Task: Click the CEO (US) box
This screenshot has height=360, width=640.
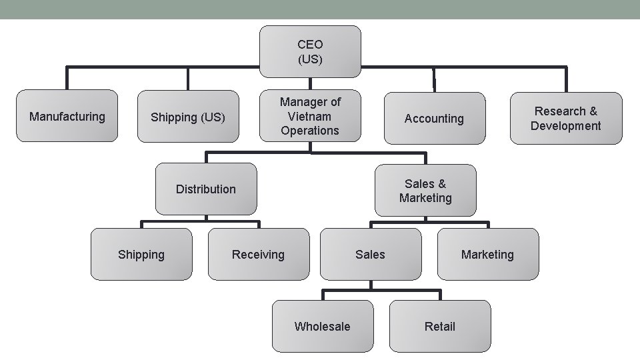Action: click(x=310, y=51)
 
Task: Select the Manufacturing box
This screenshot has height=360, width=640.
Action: click(x=67, y=117)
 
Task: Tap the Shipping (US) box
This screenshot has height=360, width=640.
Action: click(x=187, y=117)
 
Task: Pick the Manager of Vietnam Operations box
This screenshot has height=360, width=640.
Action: click(x=310, y=116)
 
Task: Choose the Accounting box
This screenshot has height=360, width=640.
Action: click(x=434, y=119)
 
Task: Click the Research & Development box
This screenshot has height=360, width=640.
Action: click(x=566, y=119)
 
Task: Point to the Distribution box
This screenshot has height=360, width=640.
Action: click(x=206, y=189)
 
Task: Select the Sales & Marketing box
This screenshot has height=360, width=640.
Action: click(x=425, y=191)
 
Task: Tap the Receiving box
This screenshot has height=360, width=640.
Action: click(x=258, y=255)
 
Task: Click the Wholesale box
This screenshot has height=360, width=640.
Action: click(x=322, y=326)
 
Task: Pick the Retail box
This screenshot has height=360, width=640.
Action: click(x=440, y=326)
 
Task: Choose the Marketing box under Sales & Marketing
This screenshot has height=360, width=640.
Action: click(x=487, y=255)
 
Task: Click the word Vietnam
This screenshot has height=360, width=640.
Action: click(x=310, y=116)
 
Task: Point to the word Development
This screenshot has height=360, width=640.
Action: click(x=566, y=126)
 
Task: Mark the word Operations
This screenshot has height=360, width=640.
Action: click(x=310, y=131)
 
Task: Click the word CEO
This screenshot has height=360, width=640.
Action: click(x=310, y=45)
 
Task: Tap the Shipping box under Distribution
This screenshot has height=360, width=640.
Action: click(x=141, y=255)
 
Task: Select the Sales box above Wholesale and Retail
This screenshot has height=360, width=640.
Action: click(x=370, y=255)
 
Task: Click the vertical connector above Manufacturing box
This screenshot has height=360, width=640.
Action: click(x=67, y=78)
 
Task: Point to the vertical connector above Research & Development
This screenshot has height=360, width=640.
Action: click(x=566, y=79)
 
